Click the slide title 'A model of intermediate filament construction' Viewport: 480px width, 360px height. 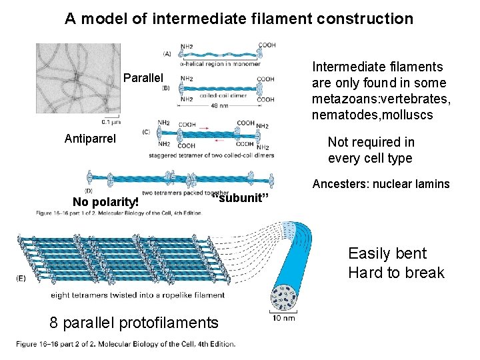239,19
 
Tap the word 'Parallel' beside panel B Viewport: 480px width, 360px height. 143,79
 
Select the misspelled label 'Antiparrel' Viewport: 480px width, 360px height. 90,139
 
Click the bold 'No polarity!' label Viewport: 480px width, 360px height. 105,202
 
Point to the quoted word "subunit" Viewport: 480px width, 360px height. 240,199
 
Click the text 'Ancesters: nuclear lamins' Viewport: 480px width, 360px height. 381,184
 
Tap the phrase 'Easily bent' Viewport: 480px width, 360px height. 387,253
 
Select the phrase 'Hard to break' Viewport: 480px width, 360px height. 395,273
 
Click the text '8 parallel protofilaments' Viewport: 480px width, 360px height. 134,323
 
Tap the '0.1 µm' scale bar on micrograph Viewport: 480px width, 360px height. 111,121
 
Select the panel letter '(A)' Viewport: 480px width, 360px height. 167,53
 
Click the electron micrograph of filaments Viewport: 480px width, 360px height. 78,80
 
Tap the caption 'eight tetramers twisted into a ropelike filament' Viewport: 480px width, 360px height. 138,295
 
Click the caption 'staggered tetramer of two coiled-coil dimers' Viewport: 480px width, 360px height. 212,155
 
